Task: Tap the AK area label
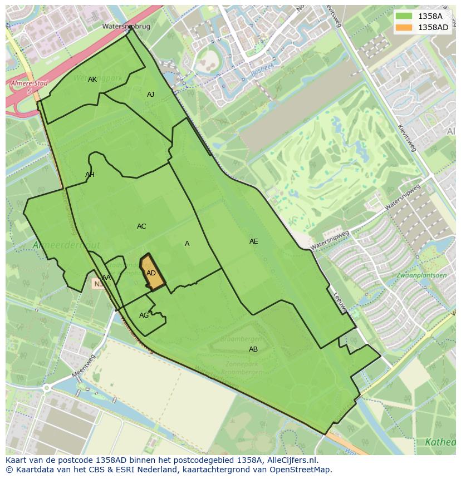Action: click(92, 80)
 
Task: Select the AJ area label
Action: click(150, 95)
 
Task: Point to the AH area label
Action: click(90, 175)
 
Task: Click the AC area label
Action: click(141, 226)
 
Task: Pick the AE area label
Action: click(253, 241)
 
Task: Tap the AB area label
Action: click(253, 349)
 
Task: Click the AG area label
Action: click(144, 315)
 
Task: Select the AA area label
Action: click(106, 278)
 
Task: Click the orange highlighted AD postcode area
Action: click(151, 273)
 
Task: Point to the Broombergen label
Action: click(241, 338)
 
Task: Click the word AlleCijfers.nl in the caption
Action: click(292, 460)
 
